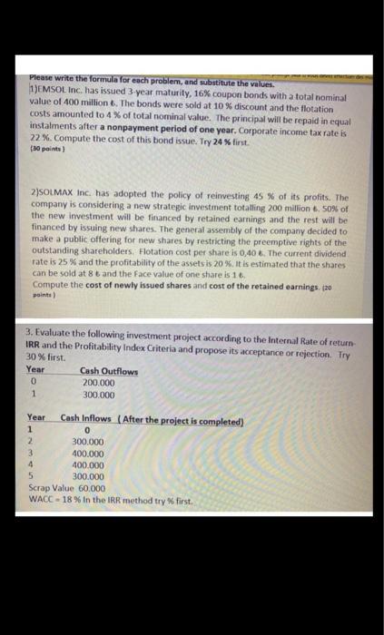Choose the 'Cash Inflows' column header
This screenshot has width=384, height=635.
click(x=87, y=420)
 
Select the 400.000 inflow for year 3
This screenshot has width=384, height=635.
click(x=87, y=453)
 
